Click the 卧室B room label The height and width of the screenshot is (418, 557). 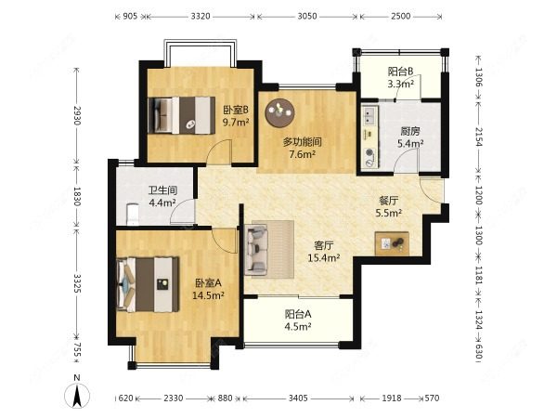[236, 111]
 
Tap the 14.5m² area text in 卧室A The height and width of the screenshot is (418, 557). [208, 295]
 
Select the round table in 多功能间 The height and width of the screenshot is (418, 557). [279, 112]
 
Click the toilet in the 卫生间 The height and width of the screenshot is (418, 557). [133, 215]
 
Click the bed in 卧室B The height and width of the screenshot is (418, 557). [182, 115]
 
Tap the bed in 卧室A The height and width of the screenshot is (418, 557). [149, 284]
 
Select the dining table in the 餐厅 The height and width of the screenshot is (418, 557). [392, 243]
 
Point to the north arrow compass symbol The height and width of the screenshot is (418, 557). [77, 395]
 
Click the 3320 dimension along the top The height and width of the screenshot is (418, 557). [201, 16]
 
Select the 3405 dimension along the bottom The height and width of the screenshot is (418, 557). [298, 398]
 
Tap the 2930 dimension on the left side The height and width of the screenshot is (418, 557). [77, 115]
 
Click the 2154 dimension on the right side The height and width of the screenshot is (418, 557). [478, 137]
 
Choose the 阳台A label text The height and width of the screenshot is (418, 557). [298, 314]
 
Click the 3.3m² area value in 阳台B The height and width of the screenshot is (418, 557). [400, 84]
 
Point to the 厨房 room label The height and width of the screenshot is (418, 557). [410, 132]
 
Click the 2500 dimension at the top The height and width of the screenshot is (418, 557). [401, 16]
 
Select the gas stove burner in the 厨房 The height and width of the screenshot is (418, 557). [369, 152]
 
